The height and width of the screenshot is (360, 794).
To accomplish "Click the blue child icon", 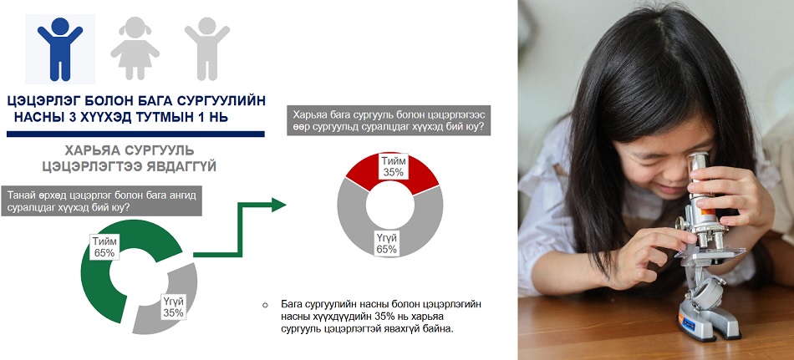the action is coord(59,48).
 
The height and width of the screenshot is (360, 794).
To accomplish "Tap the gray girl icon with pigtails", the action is coord(135,48).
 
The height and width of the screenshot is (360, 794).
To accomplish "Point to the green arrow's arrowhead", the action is coord(278,205).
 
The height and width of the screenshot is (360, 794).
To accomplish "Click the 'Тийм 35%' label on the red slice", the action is coord(393,166).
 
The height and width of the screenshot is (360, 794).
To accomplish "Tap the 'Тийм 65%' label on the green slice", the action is coord(104,246).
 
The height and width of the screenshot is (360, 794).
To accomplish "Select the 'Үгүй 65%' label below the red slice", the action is coord(386,244).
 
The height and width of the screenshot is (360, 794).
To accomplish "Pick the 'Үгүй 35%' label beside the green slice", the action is coord(173,307).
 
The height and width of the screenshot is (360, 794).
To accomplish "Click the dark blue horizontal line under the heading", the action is coord(135,134).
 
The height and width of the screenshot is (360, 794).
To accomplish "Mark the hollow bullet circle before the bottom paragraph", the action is coord(265,306).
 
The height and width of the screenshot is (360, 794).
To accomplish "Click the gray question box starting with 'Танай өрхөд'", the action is coord(101,201).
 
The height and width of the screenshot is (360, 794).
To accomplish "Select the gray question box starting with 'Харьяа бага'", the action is coord(389,120).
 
